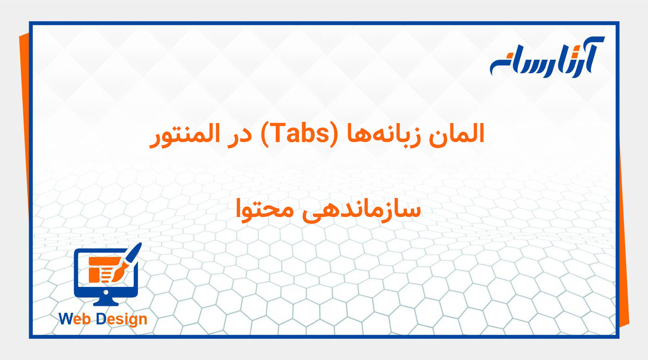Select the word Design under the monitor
(x=121, y=319)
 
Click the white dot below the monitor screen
(x=106, y=292)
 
